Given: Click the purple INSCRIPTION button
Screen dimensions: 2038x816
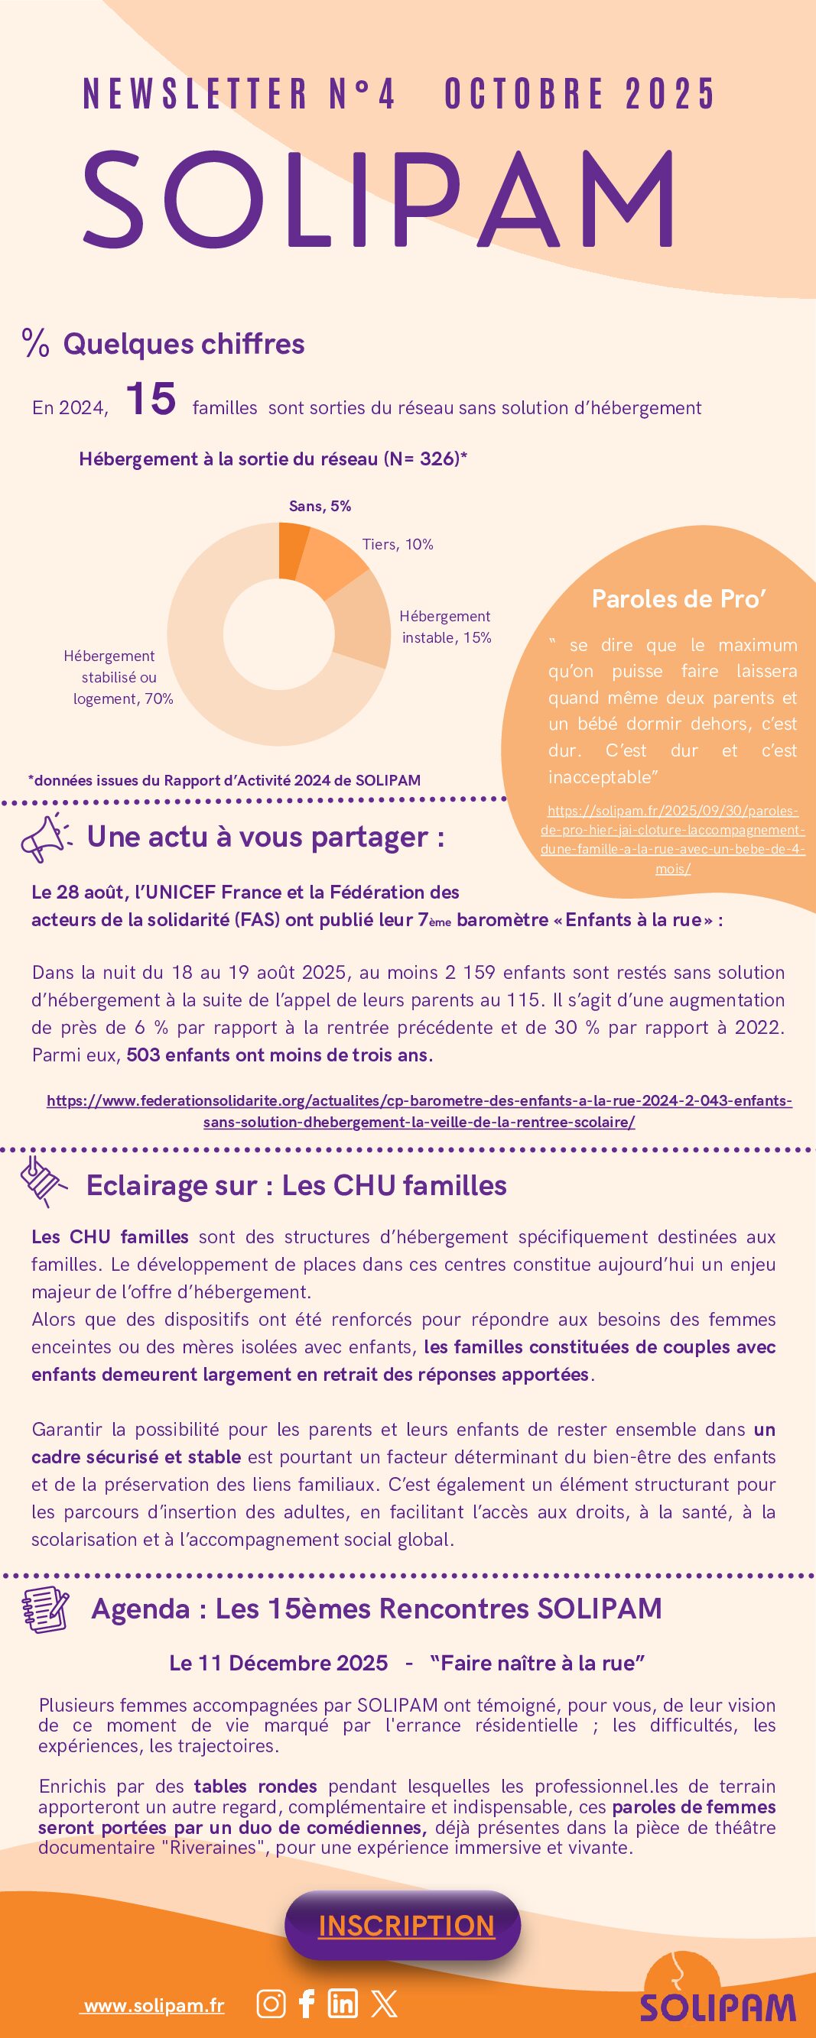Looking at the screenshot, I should [x=405, y=1925].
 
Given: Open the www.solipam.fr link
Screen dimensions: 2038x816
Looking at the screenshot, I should [x=154, y=2006].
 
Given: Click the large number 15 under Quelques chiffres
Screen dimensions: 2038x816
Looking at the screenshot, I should [x=151, y=399].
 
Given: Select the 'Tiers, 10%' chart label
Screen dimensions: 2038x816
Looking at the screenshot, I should [x=398, y=544].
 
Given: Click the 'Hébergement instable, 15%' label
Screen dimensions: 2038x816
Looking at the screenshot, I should [x=446, y=627].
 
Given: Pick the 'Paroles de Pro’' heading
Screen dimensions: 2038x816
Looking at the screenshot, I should [x=678, y=599].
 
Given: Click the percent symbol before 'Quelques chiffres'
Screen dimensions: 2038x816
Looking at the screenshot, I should [x=36, y=344].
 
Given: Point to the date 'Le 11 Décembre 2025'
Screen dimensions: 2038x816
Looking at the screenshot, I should [x=278, y=1662].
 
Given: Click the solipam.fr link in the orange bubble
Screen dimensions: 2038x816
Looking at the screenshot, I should [x=672, y=839].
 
